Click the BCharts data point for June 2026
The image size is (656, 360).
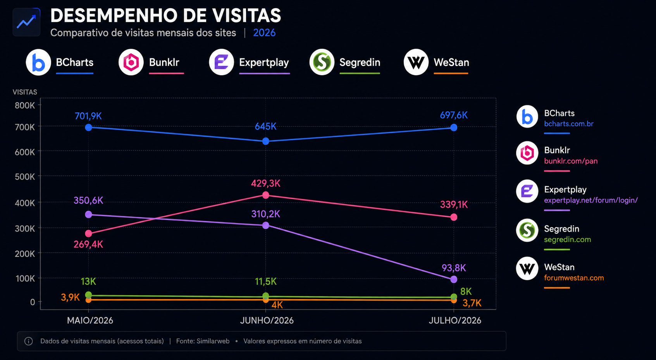point(266,141)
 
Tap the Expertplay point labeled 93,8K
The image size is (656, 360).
point(454,279)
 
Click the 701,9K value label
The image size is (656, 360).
point(88,116)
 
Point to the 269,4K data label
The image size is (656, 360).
point(88,244)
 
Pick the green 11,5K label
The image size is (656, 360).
point(266,281)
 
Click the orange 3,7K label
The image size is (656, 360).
point(472,303)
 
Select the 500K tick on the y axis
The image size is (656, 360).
point(24,177)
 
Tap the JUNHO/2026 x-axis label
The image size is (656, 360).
point(267,320)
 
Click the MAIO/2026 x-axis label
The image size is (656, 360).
point(90,320)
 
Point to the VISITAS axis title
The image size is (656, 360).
point(25,92)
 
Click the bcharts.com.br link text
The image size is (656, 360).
point(569,124)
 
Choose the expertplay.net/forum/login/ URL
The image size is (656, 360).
point(591,200)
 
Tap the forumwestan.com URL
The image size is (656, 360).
point(574,278)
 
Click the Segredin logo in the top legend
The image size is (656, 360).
point(322,62)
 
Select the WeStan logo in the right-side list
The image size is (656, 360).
point(527,269)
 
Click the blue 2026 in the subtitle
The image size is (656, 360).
point(264,33)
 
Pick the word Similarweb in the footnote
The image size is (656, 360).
point(213,341)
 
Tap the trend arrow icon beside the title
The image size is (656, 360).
point(26,22)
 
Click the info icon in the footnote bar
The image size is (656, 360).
point(28,341)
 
